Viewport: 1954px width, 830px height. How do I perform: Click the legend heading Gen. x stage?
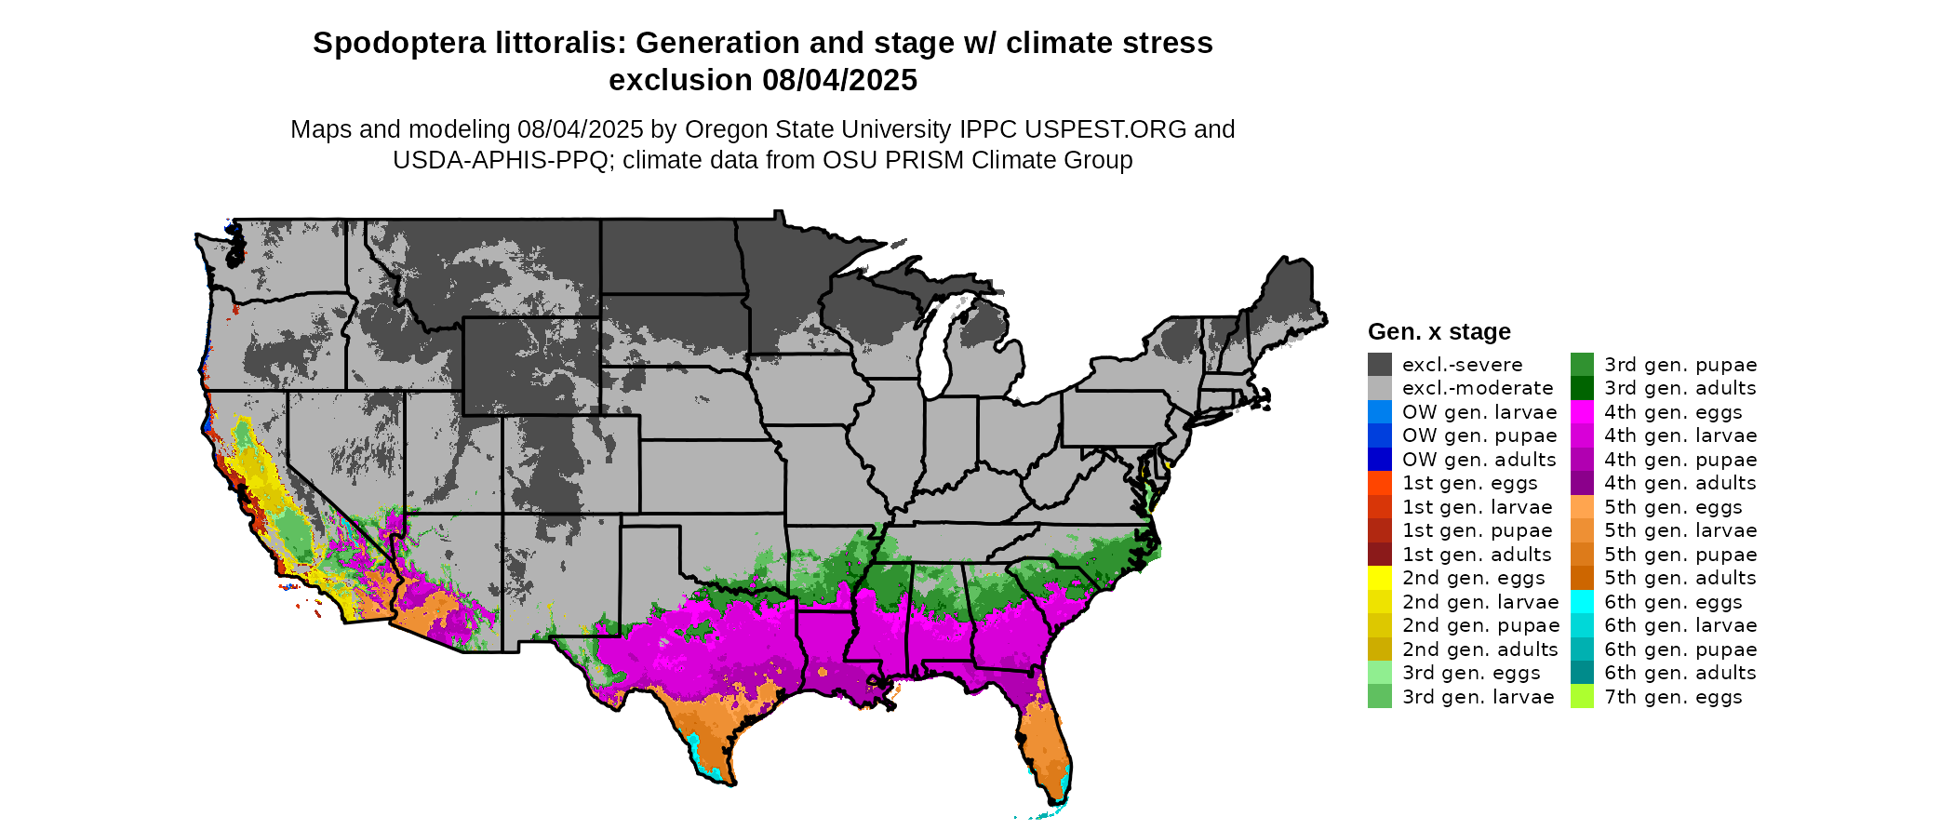point(1439,332)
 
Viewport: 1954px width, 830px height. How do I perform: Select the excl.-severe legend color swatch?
point(1380,365)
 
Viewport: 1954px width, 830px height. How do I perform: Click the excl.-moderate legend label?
point(1478,388)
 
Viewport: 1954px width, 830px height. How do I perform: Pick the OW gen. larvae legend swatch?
point(1380,412)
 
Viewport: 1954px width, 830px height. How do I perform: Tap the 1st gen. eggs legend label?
point(1469,483)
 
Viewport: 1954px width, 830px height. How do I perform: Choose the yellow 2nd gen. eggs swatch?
point(1380,578)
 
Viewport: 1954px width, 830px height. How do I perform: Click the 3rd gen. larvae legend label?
point(1478,697)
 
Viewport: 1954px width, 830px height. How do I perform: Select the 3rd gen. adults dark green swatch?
point(1582,388)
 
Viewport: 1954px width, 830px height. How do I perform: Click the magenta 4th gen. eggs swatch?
point(1582,412)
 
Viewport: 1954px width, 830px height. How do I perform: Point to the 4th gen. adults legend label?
point(1680,483)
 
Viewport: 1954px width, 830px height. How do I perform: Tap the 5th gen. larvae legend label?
point(1680,530)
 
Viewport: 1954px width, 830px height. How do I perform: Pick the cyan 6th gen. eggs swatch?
point(1582,602)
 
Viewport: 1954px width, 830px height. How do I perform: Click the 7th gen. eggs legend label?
point(1673,697)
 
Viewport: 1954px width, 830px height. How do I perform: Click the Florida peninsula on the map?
point(1047,744)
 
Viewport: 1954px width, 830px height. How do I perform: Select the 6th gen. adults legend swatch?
point(1582,673)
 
